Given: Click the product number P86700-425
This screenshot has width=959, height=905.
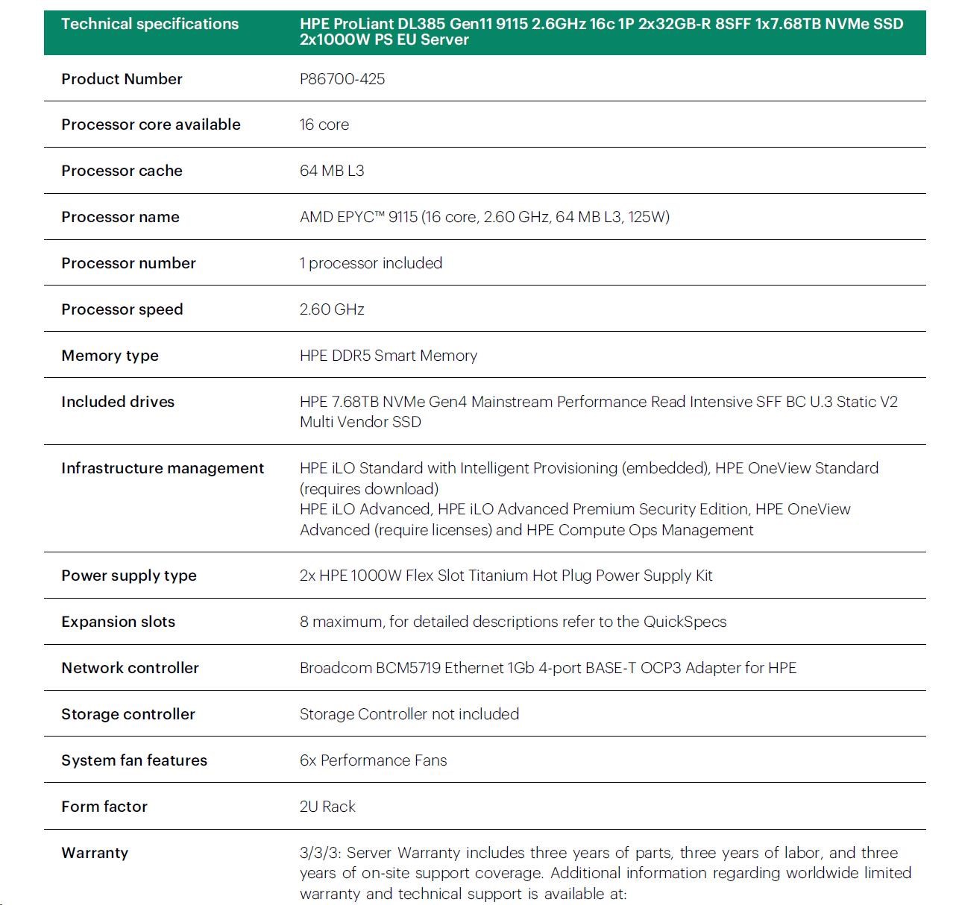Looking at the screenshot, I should pos(342,79).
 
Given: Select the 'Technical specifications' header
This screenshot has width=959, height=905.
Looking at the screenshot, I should pos(150,24).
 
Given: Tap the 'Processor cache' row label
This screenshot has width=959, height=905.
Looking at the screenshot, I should pos(122,171).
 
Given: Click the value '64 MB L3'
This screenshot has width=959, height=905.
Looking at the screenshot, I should pos(332,171).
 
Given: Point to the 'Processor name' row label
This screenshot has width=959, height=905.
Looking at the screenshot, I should pos(120,217).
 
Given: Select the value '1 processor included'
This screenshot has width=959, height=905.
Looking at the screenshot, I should pos(371,263).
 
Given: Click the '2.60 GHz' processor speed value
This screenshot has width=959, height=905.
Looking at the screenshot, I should pos(332,309).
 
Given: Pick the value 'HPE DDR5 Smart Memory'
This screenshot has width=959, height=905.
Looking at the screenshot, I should pos(388,356).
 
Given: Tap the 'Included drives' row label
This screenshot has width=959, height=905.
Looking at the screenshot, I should pos(118,402).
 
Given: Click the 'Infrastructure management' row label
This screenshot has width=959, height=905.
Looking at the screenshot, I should pos(163,468).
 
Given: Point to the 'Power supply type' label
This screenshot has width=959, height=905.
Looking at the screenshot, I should pos(129,576).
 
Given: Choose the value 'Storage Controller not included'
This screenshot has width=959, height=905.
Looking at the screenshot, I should pos(409,714).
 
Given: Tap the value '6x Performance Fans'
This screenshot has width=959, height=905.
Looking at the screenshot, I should pos(373,760).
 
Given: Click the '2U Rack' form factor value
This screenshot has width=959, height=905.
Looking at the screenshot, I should pos(327,807).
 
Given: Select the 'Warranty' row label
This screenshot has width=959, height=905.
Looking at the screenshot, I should pos(95,853).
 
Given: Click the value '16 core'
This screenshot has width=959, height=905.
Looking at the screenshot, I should pos(324,124).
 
